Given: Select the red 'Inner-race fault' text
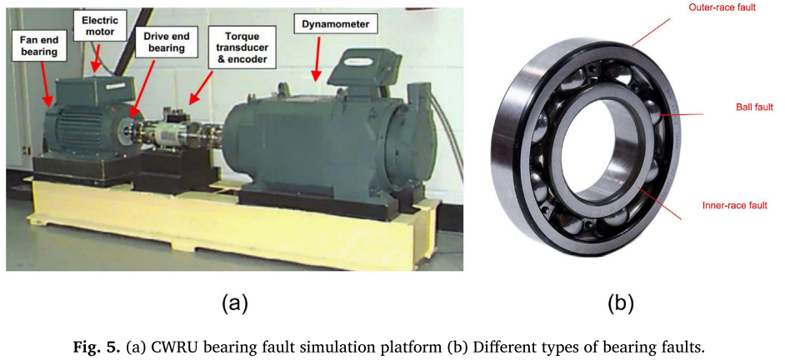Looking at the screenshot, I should click(734, 205).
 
